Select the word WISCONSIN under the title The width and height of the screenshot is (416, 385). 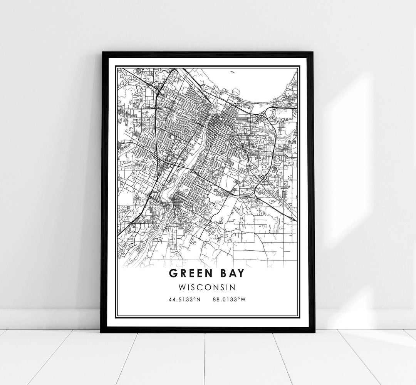208,287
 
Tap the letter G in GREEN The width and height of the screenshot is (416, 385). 172,274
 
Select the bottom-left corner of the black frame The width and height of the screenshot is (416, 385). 102,331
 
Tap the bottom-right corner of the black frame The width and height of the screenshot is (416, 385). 314,331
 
